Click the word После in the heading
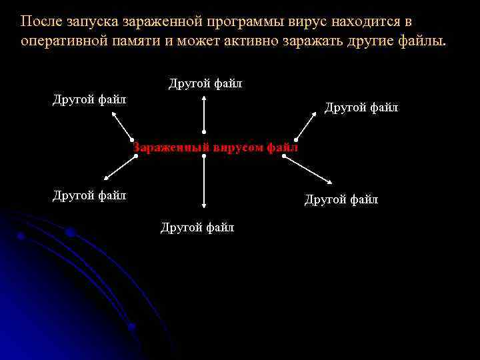[x=42, y=21]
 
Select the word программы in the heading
[x=244, y=21]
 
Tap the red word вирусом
[x=238, y=147]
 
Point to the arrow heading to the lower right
[x=307, y=169]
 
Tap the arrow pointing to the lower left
[x=119, y=167]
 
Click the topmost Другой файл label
[x=205, y=84]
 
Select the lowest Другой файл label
[x=197, y=227]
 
